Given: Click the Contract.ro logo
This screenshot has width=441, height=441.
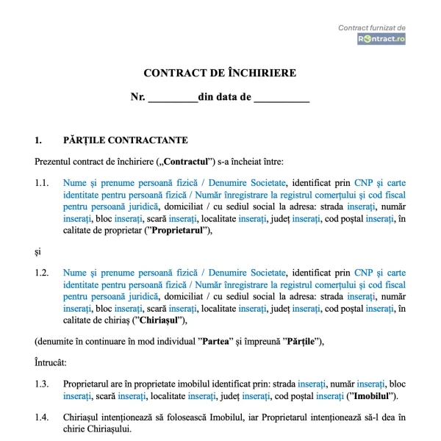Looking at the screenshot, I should click(381, 39).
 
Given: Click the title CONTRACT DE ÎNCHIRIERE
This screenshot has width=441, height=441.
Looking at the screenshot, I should click(220, 73).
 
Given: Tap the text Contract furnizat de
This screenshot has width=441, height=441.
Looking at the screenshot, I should click(371, 28).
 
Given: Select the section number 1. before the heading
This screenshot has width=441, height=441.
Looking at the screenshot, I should click(38, 140).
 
